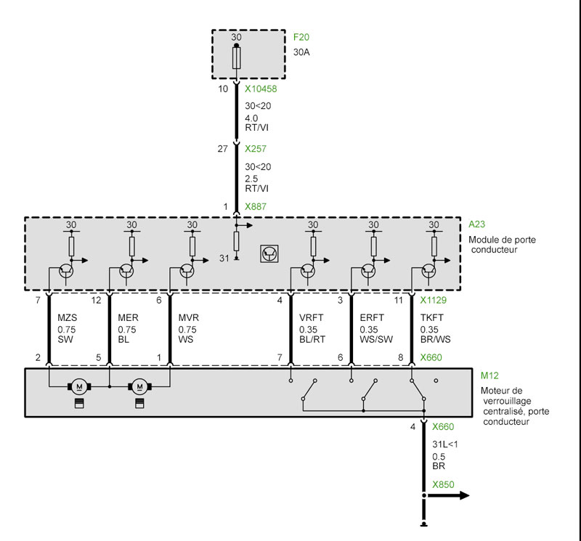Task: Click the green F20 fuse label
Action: (x=301, y=37)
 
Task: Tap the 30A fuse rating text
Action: (x=301, y=52)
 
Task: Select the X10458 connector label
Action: (x=261, y=89)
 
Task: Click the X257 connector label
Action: (x=256, y=149)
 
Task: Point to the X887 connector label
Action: (x=256, y=206)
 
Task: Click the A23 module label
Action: (x=476, y=224)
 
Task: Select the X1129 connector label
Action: (x=433, y=300)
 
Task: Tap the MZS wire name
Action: (x=68, y=317)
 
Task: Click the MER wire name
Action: (x=129, y=317)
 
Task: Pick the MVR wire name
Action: (x=189, y=317)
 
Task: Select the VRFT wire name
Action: (x=312, y=317)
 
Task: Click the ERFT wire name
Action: (x=372, y=317)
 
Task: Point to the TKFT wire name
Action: (x=431, y=317)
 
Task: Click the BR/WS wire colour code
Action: (x=435, y=339)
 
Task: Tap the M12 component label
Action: (x=489, y=375)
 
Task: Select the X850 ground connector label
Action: (x=443, y=484)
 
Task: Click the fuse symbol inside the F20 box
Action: (x=237, y=58)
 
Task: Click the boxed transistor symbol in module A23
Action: (x=269, y=254)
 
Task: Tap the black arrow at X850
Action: (x=447, y=495)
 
